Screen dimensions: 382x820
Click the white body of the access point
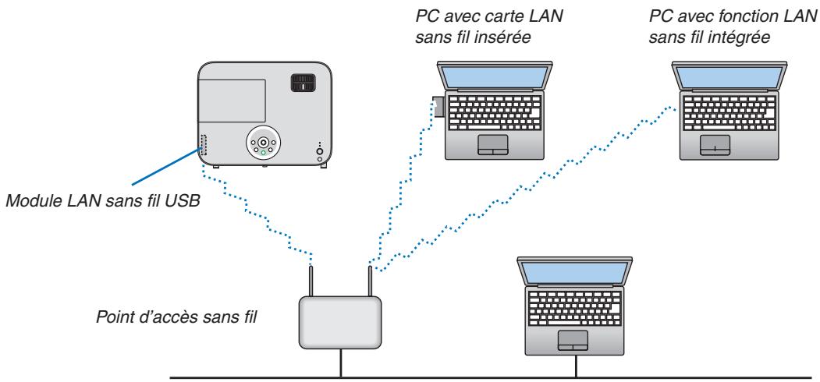coord(339,321)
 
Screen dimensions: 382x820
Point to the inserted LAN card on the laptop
coord(438,106)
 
